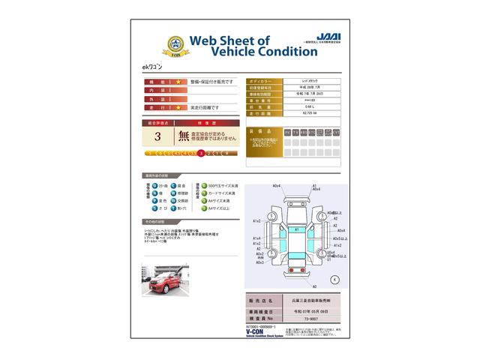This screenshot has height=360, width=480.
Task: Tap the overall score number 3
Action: coord(157,136)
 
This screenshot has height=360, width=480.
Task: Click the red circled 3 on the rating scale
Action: coord(201,153)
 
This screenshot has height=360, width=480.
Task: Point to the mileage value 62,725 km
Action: coord(309,114)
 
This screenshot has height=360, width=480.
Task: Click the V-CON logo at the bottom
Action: coord(257,333)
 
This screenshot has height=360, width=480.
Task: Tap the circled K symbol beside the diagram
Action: coord(334,278)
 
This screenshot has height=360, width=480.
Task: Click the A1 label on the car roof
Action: coord(296,229)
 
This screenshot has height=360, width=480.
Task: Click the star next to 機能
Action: coord(178,80)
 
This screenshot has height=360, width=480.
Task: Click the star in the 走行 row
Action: coord(178,107)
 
